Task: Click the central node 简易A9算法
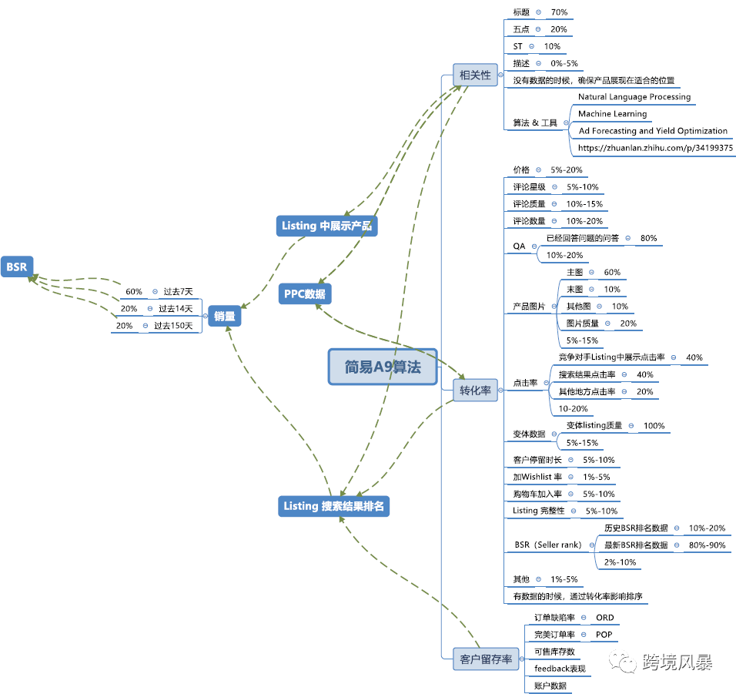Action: click(383, 367)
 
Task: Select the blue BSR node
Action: click(16, 267)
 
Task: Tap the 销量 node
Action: click(225, 315)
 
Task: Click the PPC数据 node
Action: click(304, 293)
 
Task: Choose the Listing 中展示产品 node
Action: click(327, 226)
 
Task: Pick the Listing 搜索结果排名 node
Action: click(333, 506)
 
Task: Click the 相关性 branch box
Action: click(474, 75)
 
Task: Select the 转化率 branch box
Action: click(475, 391)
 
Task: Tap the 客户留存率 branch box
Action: click(486, 659)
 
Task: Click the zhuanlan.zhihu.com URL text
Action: click(655, 148)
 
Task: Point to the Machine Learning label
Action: click(612, 114)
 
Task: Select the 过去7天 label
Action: click(178, 292)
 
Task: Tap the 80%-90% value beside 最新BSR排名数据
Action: click(707, 545)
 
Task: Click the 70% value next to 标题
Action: click(559, 12)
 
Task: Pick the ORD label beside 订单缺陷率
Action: click(605, 618)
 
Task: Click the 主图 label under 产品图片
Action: click(574, 273)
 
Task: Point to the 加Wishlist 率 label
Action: click(537, 478)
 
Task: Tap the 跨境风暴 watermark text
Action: click(677, 663)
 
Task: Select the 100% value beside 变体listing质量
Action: click(654, 426)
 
